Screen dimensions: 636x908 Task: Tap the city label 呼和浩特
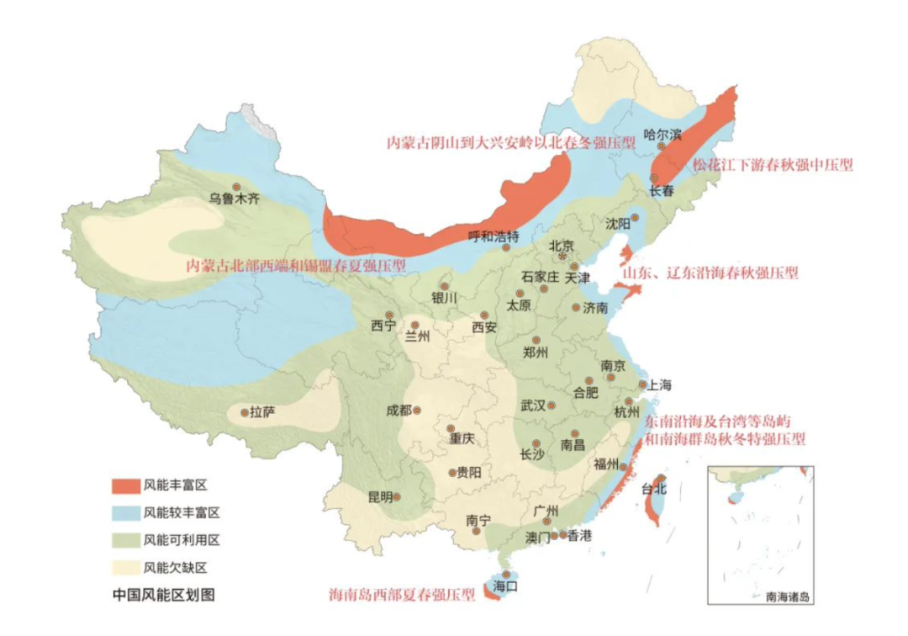point(494,236)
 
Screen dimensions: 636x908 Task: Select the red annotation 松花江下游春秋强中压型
point(772,166)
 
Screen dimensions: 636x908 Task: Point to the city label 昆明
point(380,496)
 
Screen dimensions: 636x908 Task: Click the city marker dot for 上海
point(642,384)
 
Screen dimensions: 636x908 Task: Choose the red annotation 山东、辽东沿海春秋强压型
point(710,273)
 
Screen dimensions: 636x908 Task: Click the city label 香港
point(579,535)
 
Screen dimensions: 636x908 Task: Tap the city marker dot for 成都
point(416,411)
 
